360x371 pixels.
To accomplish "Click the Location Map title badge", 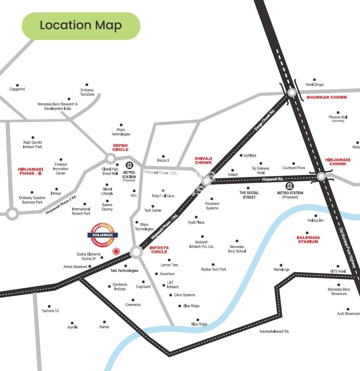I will point(81,26).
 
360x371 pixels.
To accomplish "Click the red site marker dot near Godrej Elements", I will point(116,251).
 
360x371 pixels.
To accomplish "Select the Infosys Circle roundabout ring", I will point(137,252).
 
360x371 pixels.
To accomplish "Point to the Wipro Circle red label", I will point(120,147).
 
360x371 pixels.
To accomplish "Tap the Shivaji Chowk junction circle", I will point(206,181).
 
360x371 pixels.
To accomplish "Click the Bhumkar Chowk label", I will point(327,97).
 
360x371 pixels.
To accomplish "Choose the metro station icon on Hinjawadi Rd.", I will point(289,186).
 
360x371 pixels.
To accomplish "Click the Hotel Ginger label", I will point(314,84).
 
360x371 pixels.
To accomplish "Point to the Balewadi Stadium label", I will point(308,240).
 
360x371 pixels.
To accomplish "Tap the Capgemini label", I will point(17,89).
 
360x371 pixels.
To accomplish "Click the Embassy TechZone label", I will point(87,92).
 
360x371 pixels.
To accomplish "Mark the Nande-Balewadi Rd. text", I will point(274,331).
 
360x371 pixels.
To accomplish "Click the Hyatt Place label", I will point(196,222).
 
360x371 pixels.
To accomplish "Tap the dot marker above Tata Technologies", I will point(126,266).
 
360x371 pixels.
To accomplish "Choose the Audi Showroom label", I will point(349,314).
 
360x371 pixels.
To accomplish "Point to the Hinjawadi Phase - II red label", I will point(30,171).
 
